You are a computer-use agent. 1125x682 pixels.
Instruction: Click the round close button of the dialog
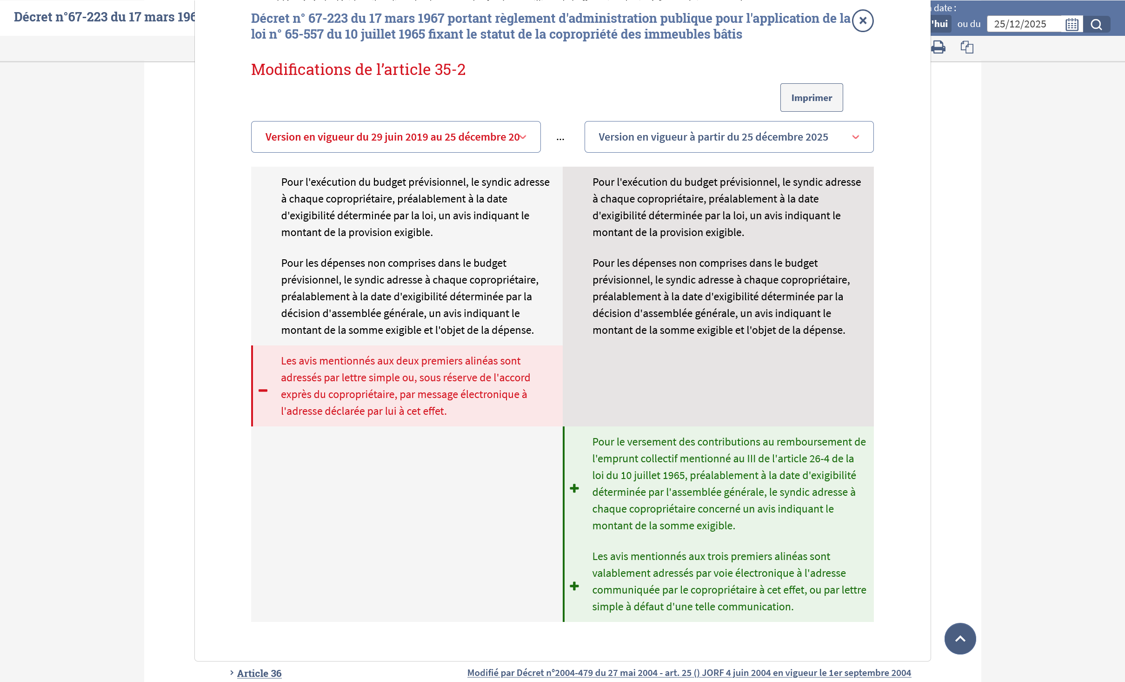pos(863,21)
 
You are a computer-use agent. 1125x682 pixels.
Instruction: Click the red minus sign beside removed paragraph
pos(263,391)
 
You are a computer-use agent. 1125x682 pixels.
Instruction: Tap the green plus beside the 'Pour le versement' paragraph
pos(574,488)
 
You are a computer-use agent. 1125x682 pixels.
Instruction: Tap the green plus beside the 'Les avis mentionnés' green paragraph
pos(574,586)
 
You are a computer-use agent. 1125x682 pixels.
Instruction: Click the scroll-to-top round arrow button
pos(960,639)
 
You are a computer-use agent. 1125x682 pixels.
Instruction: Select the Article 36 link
pos(259,673)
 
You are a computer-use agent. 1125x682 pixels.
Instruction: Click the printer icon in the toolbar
pos(938,47)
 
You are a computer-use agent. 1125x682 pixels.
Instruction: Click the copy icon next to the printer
pos(967,47)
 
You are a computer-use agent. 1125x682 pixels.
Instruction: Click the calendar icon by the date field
pos(1072,24)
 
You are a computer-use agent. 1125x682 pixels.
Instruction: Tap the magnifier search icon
pos(1096,24)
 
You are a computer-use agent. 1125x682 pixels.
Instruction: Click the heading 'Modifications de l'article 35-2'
pos(358,69)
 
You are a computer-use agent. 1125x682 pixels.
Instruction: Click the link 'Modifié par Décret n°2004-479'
pos(689,673)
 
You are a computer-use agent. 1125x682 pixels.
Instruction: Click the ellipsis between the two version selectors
pos(560,138)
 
